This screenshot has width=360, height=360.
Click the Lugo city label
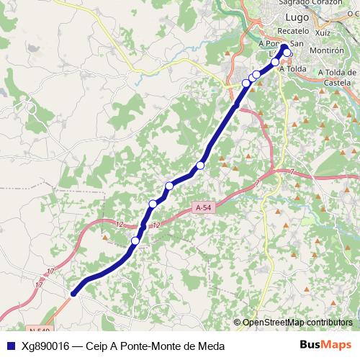[x=297, y=17]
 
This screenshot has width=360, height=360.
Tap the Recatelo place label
[x=293, y=32]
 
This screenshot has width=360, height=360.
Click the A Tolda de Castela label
[x=333, y=78]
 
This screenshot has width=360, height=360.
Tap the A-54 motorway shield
[x=204, y=207]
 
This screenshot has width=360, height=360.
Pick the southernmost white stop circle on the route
[x=135, y=240]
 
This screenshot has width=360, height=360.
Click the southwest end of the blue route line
[x=73, y=293]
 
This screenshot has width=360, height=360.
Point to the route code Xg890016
[x=45, y=346]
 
